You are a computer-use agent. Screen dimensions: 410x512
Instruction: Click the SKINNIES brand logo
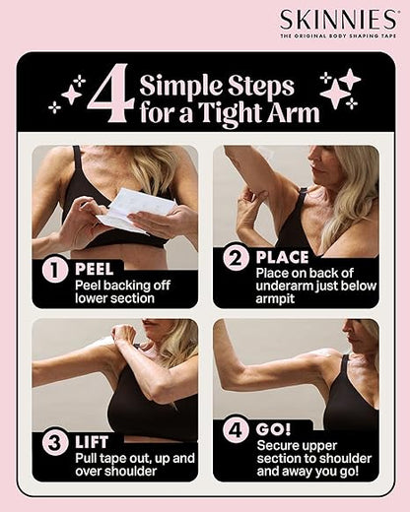click(339, 20)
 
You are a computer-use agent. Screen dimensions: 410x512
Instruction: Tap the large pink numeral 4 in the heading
click(111, 94)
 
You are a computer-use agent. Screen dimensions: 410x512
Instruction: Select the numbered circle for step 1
click(55, 271)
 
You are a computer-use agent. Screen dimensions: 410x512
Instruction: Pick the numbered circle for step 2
click(237, 258)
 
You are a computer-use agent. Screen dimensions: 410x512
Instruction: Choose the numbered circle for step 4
click(236, 430)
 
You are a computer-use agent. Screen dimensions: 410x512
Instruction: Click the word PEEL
click(95, 269)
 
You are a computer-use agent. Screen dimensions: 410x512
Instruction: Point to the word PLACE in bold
click(282, 257)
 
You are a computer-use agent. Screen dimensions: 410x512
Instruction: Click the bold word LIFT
click(92, 442)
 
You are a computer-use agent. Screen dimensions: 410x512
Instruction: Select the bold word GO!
click(274, 429)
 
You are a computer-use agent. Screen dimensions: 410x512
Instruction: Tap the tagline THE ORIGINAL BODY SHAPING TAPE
click(338, 35)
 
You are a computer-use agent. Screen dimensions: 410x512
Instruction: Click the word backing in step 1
click(124, 286)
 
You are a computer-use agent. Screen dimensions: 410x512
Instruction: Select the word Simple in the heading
click(181, 87)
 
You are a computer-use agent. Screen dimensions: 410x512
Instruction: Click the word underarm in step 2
click(284, 286)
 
